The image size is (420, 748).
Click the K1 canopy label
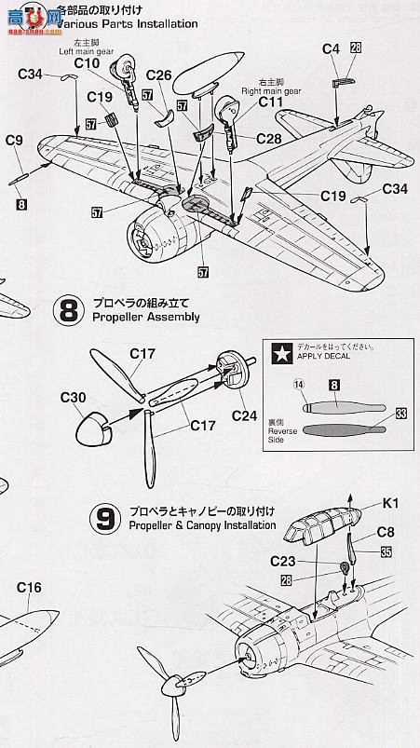tap(389, 507)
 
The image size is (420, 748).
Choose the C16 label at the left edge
tap(30, 588)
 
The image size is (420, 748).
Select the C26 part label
tap(159, 75)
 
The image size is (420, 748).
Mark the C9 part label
tap(13, 141)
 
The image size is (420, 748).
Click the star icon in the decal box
tap(278, 352)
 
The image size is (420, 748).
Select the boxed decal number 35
tap(385, 552)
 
